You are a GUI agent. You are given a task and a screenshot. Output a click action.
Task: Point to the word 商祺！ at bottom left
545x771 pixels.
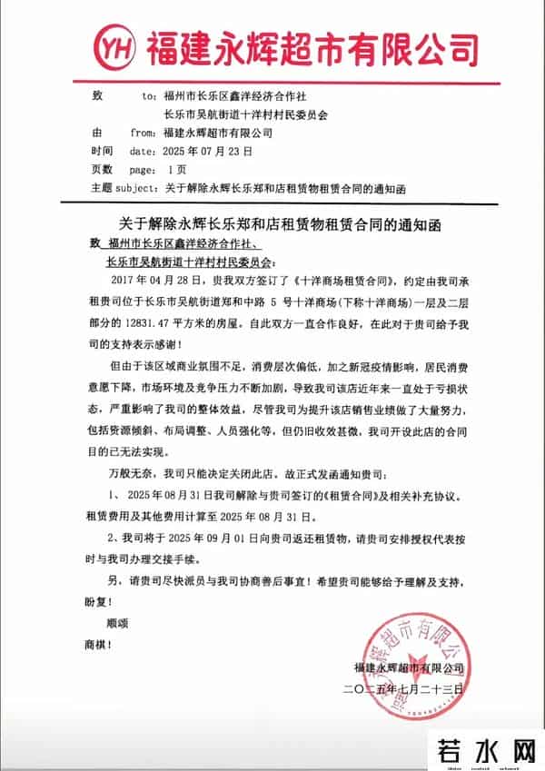98,645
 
